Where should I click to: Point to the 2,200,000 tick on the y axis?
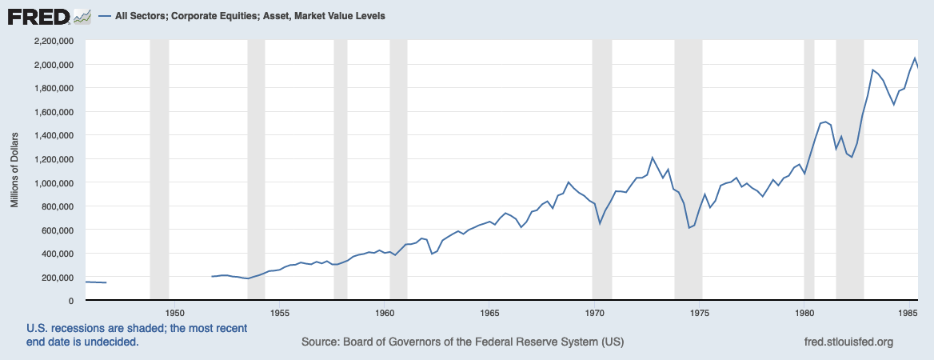[51, 41]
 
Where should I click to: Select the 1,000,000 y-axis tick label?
[51, 182]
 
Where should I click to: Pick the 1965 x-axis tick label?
[490, 312]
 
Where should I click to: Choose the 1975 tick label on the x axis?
[700, 312]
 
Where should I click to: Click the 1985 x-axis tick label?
[908, 312]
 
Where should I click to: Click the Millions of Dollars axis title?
[14, 170]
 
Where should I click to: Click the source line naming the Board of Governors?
[462, 342]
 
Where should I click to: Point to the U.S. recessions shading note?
[137, 335]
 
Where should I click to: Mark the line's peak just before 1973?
[653, 157]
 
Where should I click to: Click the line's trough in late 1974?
[689, 228]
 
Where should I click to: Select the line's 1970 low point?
[601, 223]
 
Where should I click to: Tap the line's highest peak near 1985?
[915, 58]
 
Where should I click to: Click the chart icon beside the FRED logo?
[82, 15]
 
